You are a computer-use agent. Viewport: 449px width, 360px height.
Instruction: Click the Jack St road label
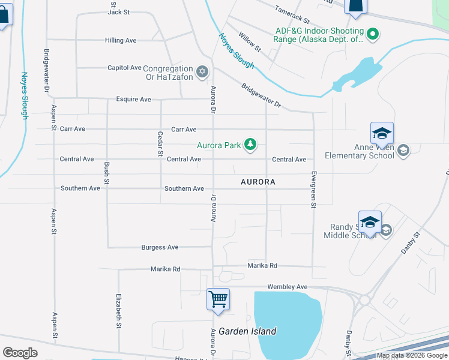(119, 12)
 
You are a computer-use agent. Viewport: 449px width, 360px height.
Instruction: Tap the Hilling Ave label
(121, 40)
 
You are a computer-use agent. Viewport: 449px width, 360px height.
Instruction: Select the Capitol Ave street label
(124, 68)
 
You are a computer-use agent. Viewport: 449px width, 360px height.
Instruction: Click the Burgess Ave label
(160, 247)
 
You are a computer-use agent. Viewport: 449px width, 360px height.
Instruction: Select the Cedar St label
(160, 144)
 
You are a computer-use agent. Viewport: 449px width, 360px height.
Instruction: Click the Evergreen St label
(313, 190)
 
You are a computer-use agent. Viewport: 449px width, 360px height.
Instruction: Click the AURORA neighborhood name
(258, 181)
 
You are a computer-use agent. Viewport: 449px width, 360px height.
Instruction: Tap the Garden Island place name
(247, 331)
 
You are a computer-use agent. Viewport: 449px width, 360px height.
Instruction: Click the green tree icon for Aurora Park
(250, 145)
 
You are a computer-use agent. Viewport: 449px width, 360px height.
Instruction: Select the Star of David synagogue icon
(202, 72)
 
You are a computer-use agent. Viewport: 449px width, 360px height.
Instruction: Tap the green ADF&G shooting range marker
(373, 34)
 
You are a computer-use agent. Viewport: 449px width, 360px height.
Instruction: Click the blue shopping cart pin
(218, 298)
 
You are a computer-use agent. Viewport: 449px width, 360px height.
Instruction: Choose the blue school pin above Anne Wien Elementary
(382, 133)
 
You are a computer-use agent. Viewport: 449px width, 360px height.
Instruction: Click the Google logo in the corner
(20, 353)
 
